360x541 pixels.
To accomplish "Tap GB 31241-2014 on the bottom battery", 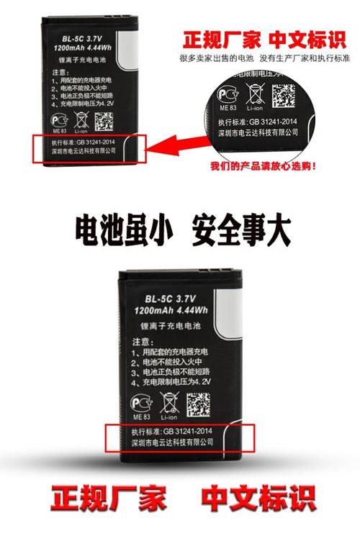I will point(192,430).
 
